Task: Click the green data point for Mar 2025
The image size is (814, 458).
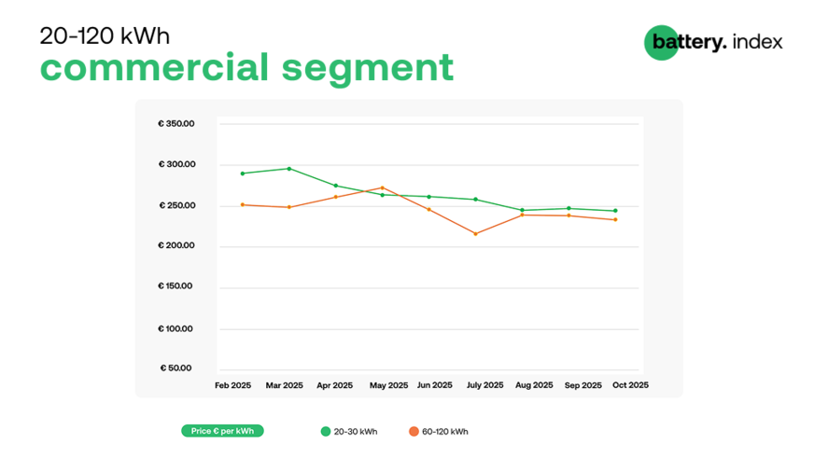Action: click(x=288, y=169)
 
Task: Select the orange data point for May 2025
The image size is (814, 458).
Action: click(x=382, y=187)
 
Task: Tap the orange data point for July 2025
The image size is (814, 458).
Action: click(x=475, y=233)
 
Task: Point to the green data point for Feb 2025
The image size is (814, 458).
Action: click(x=242, y=173)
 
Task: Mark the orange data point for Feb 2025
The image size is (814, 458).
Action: click(x=242, y=204)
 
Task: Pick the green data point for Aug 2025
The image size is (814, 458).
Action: click(x=522, y=210)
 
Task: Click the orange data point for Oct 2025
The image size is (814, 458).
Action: click(x=615, y=219)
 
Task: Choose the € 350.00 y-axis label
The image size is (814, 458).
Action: click(x=176, y=123)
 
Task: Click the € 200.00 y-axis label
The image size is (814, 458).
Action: click(x=176, y=246)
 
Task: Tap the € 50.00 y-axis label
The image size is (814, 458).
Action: click(x=176, y=368)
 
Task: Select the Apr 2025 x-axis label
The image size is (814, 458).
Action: click(x=335, y=385)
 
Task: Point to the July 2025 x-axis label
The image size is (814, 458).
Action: click(x=484, y=385)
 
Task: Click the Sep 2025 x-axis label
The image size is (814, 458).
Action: click(x=583, y=385)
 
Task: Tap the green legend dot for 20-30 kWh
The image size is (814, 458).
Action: click(x=326, y=432)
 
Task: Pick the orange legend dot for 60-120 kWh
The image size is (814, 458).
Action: click(x=414, y=432)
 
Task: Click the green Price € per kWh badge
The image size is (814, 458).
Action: click(x=222, y=431)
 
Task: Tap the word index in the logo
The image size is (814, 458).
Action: click(x=758, y=42)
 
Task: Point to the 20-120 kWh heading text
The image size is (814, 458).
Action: click(x=105, y=35)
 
